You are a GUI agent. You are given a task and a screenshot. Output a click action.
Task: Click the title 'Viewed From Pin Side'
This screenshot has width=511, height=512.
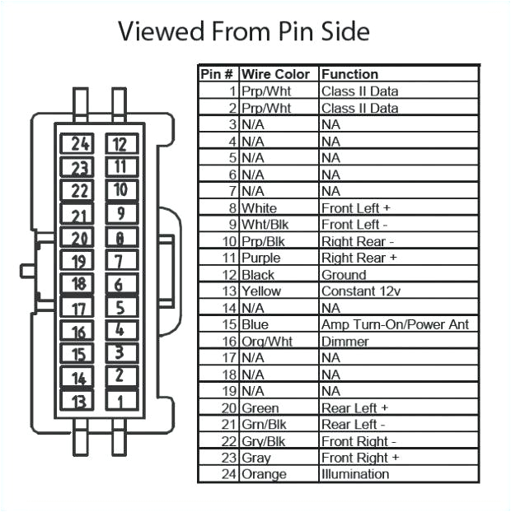[x=243, y=31]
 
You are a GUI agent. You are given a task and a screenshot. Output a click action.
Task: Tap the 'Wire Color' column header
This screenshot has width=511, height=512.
[x=275, y=74]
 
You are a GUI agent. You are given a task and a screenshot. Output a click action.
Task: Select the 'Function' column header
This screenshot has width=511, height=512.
[x=349, y=74]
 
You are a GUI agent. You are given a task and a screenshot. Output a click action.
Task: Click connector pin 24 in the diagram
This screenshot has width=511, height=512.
[x=81, y=144]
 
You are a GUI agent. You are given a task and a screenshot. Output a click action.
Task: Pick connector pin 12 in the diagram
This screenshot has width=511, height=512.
[x=120, y=145]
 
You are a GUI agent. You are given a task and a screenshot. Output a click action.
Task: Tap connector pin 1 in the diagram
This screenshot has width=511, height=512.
[x=120, y=402]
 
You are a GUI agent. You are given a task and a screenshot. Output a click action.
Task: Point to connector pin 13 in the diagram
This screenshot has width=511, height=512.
[x=79, y=402]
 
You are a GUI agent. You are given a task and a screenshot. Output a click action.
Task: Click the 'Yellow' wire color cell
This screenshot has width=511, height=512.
[x=261, y=291]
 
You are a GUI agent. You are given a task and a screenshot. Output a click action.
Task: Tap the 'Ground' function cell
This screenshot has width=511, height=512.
[x=344, y=275]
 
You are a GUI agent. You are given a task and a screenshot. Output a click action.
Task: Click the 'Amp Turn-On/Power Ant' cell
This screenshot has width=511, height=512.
[x=395, y=324]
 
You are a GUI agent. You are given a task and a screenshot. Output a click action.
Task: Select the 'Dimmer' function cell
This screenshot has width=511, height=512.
[x=345, y=342]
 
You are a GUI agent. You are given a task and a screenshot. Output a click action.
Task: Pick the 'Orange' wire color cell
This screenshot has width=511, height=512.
[x=265, y=474]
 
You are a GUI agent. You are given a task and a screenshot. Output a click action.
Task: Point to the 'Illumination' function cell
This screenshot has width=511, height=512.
[x=354, y=474]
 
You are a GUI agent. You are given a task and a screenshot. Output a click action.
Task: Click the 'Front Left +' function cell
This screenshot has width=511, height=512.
[x=354, y=208]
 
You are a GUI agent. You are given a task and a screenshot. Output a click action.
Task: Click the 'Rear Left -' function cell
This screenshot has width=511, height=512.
[x=353, y=425]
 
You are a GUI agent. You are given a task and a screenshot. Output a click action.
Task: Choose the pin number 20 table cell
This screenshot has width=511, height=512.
[x=228, y=408]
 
